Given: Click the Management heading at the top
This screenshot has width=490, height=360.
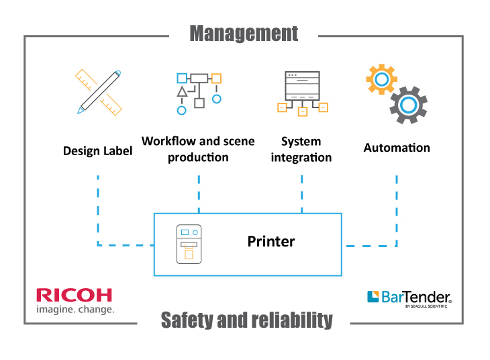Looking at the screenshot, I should (244, 33).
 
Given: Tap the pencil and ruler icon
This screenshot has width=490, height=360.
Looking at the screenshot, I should (99, 91).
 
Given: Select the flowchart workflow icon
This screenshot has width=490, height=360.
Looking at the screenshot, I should (198, 90).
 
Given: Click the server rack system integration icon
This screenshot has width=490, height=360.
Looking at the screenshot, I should (302, 93).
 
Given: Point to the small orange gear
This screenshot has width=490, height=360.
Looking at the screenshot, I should (381, 80).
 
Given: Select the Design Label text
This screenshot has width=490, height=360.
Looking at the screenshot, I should (97, 150).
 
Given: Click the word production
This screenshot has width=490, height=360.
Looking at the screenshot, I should (198, 157).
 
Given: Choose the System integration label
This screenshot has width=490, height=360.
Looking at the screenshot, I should (301, 149).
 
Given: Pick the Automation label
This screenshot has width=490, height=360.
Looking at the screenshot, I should (397, 147).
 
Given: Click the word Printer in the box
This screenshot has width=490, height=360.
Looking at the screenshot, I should (271, 241).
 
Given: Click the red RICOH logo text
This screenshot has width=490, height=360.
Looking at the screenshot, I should (75, 295).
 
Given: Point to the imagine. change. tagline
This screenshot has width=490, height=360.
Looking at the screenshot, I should (75, 310).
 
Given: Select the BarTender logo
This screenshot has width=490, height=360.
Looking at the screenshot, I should (409, 298).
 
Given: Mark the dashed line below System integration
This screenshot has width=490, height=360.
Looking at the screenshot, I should (301, 193).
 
